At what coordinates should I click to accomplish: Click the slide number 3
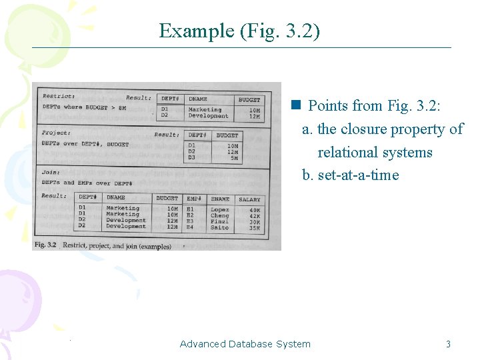coord(448,344)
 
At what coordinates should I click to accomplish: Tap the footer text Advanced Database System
coord(245,344)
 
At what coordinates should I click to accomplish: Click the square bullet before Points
coord(295,105)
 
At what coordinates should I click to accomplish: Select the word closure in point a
coord(364,129)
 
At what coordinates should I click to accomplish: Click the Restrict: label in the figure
coord(59,97)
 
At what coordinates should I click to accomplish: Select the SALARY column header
coord(249,199)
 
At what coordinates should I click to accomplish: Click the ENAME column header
coord(220,199)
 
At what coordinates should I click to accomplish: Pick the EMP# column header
coord(194,199)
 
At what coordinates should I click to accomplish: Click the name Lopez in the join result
coord(219,209)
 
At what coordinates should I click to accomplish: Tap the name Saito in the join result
coord(219,228)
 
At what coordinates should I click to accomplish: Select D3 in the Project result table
coord(192,158)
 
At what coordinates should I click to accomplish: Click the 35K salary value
coord(254,228)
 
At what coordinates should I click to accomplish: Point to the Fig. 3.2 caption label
coord(46,245)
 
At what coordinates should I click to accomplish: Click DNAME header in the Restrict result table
coord(198,99)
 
